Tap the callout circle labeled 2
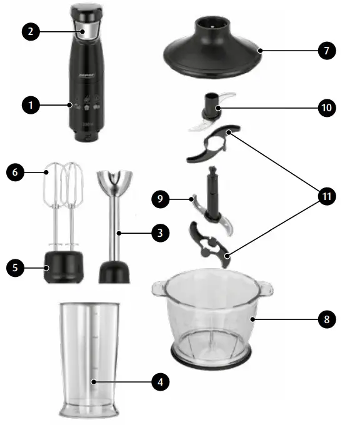tap(31, 32)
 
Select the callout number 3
tap(160, 233)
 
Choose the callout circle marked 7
tap(326, 51)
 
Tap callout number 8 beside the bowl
tap(326, 319)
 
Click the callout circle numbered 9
tap(161, 199)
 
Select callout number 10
tap(326, 107)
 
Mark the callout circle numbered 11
tap(326, 196)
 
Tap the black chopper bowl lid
tap(212, 47)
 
